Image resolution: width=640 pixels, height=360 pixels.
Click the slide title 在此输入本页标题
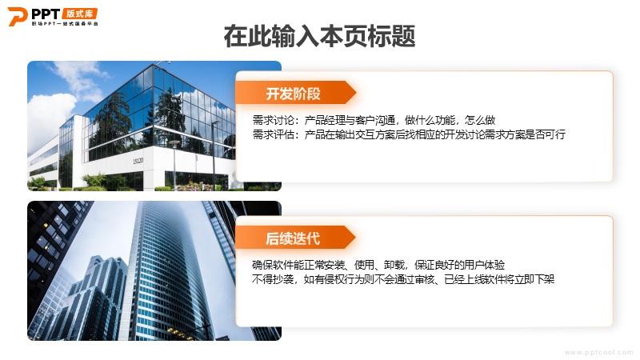click(x=319, y=36)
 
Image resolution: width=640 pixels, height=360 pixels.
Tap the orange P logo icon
click(x=17, y=16)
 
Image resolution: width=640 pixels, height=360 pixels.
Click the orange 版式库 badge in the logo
click(x=79, y=14)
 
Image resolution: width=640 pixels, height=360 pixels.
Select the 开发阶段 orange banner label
click(x=293, y=94)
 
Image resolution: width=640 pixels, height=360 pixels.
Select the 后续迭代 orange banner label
click(x=293, y=238)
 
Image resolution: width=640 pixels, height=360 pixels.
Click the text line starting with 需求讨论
click(x=374, y=120)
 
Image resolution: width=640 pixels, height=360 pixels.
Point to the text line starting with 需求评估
click(x=409, y=134)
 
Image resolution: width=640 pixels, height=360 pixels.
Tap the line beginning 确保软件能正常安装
click(x=378, y=265)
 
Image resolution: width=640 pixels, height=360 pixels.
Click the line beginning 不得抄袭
click(x=403, y=279)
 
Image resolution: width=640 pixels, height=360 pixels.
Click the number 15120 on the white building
click(x=138, y=161)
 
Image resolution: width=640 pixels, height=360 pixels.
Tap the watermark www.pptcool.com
click(x=598, y=352)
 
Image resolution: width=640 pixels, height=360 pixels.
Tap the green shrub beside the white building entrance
click(x=95, y=182)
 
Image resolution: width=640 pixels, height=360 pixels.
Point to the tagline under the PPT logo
click(x=65, y=24)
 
